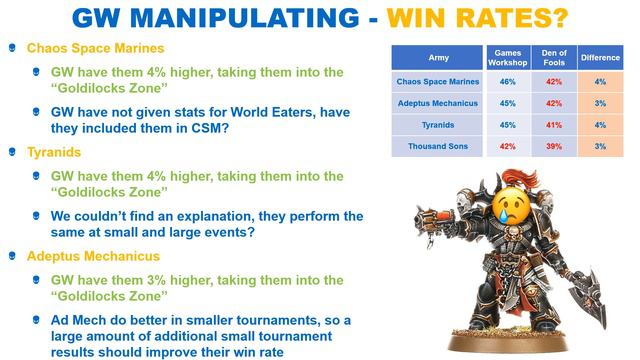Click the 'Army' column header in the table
coord(437,58)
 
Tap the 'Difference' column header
coord(600,58)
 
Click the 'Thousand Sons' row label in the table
coord(437,146)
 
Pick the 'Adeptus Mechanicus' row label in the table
coord(437,102)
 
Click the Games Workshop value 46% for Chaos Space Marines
coord(507,81)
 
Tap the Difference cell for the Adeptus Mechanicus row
coord(600,102)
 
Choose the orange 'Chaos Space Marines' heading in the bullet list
coord(96,47)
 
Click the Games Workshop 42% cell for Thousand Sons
coord(507,146)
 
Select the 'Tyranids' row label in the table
coord(437,124)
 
